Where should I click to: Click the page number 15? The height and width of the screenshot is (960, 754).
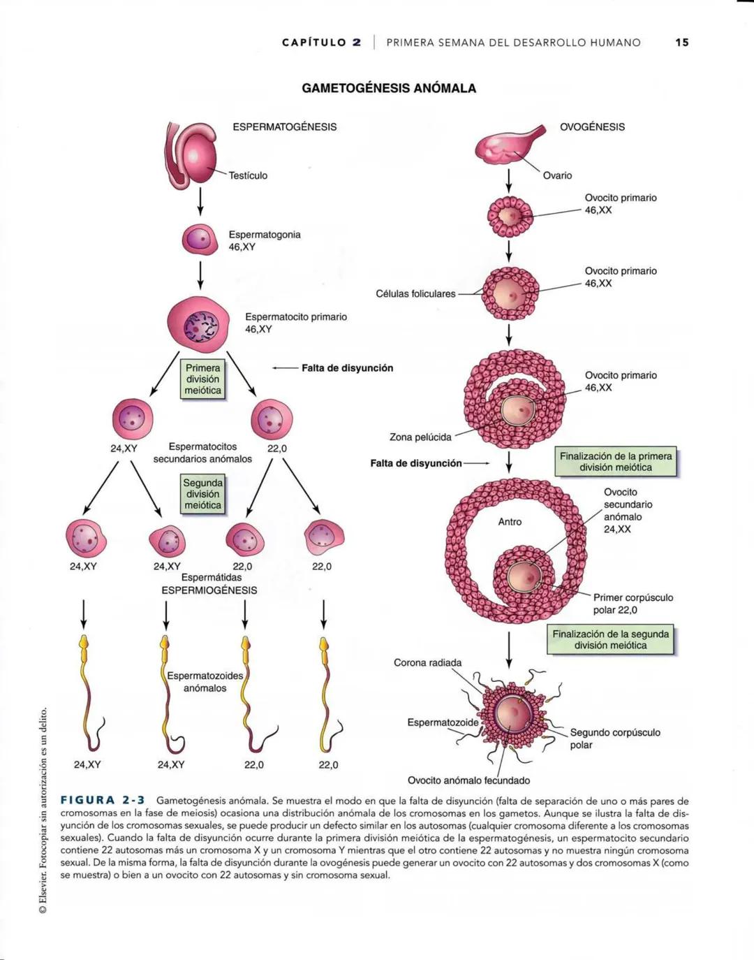pos(681,43)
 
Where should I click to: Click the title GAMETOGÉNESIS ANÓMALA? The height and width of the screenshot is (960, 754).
pos(389,89)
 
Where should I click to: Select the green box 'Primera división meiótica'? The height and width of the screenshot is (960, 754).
pos(202,379)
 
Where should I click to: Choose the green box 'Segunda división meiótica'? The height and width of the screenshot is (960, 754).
pos(202,494)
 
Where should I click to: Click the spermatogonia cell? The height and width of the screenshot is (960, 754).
pos(200,239)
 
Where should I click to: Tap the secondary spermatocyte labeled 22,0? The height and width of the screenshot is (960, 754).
pos(271,419)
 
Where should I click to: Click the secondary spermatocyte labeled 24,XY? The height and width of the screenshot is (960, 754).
pos(132,419)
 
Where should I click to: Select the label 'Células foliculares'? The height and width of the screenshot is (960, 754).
pos(415,294)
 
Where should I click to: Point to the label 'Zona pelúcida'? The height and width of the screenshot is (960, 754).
pos(420,437)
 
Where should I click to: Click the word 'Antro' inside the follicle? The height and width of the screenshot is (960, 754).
pos(510,522)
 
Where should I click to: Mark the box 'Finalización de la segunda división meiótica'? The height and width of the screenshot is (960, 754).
pos(611,640)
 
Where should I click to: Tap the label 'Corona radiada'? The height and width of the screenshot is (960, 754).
pos(427,663)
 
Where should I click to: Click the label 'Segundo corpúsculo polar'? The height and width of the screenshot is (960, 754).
pos(615,739)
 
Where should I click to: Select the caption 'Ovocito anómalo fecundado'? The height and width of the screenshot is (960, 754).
pos(468,780)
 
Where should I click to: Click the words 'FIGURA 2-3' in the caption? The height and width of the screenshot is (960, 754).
pos(103,801)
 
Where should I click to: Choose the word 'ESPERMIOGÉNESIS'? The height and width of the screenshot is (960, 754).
pos(209,590)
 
